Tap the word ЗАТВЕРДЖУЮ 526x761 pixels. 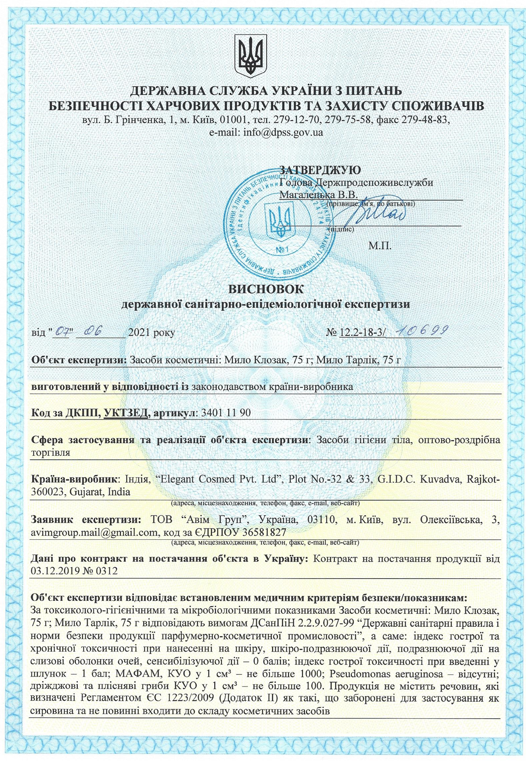click(320, 170)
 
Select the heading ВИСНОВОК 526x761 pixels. click(266, 289)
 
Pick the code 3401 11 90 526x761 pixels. click(226, 413)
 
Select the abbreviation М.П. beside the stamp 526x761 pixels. click(380, 246)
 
